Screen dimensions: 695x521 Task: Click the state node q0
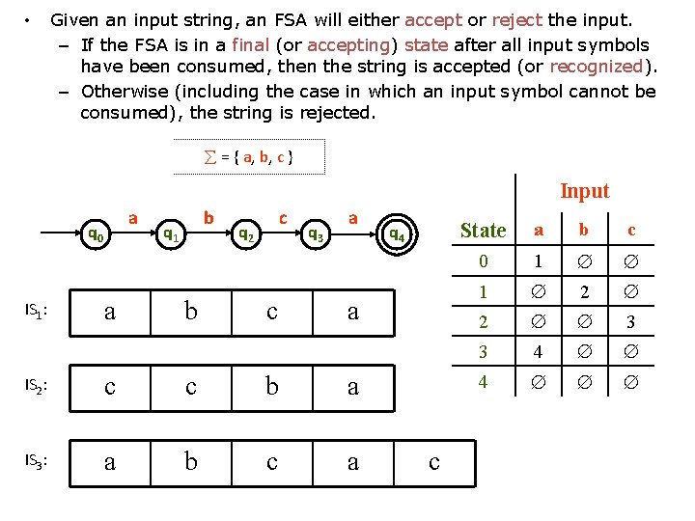point(96,233)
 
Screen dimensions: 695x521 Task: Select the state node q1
point(170,233)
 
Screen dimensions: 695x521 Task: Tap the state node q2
point(246,233)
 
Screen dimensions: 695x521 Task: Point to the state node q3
point(315,233)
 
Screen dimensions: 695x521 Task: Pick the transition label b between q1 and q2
point(208,218)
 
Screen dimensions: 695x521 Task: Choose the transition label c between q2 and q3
point(282,218)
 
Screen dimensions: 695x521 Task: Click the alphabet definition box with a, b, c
point(249,156)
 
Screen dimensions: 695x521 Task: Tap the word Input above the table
point(585,191)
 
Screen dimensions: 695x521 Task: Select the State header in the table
point(483,230)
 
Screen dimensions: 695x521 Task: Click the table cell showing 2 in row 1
point(582,290)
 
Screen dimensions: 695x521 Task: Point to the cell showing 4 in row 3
point(539,352)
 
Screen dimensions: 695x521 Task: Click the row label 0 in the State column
point(484,260)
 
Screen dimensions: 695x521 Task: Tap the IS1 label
point(36,311)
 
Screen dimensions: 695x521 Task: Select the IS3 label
point(36,461)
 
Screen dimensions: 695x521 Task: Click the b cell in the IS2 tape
point(272,386)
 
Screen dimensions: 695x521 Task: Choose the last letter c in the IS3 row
point(433,462)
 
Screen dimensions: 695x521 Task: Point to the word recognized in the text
point(595,67)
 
